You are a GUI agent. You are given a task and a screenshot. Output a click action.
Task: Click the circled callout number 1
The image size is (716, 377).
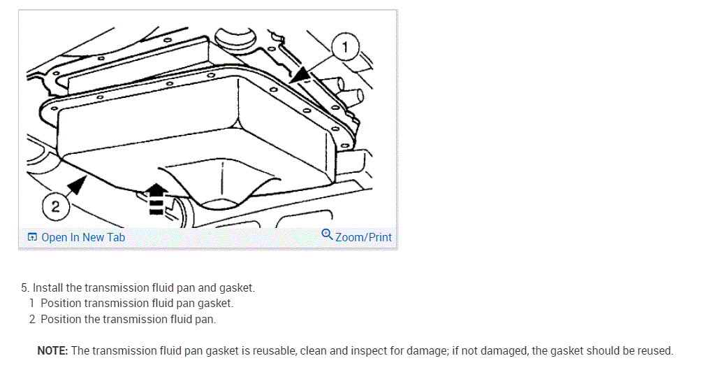(345, 48)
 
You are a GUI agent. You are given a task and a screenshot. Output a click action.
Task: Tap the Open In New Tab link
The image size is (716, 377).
(83, 237)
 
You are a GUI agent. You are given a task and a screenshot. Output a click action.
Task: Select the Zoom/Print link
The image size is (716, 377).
(363, 237)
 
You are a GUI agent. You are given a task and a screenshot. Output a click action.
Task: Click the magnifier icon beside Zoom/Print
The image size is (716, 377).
(327, 234)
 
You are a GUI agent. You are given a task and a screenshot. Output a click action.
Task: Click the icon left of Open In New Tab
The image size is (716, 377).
(32, 237)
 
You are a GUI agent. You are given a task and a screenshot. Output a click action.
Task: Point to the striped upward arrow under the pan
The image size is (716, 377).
(157, 197)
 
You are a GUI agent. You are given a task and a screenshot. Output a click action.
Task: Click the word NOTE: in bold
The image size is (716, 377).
(52, 350)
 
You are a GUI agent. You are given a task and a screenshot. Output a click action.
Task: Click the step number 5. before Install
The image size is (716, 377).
(26, 287)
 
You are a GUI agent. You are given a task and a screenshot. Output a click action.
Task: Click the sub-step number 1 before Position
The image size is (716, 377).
(32, 304)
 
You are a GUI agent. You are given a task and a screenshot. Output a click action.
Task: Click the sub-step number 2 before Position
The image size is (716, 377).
(32, 319)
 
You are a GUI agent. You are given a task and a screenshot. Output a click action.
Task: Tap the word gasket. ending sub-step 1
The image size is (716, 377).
(215, 304)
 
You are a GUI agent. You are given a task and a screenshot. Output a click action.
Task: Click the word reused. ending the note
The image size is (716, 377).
(655, 350)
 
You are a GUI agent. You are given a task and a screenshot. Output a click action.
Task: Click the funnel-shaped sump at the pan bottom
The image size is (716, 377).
(220, 183)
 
